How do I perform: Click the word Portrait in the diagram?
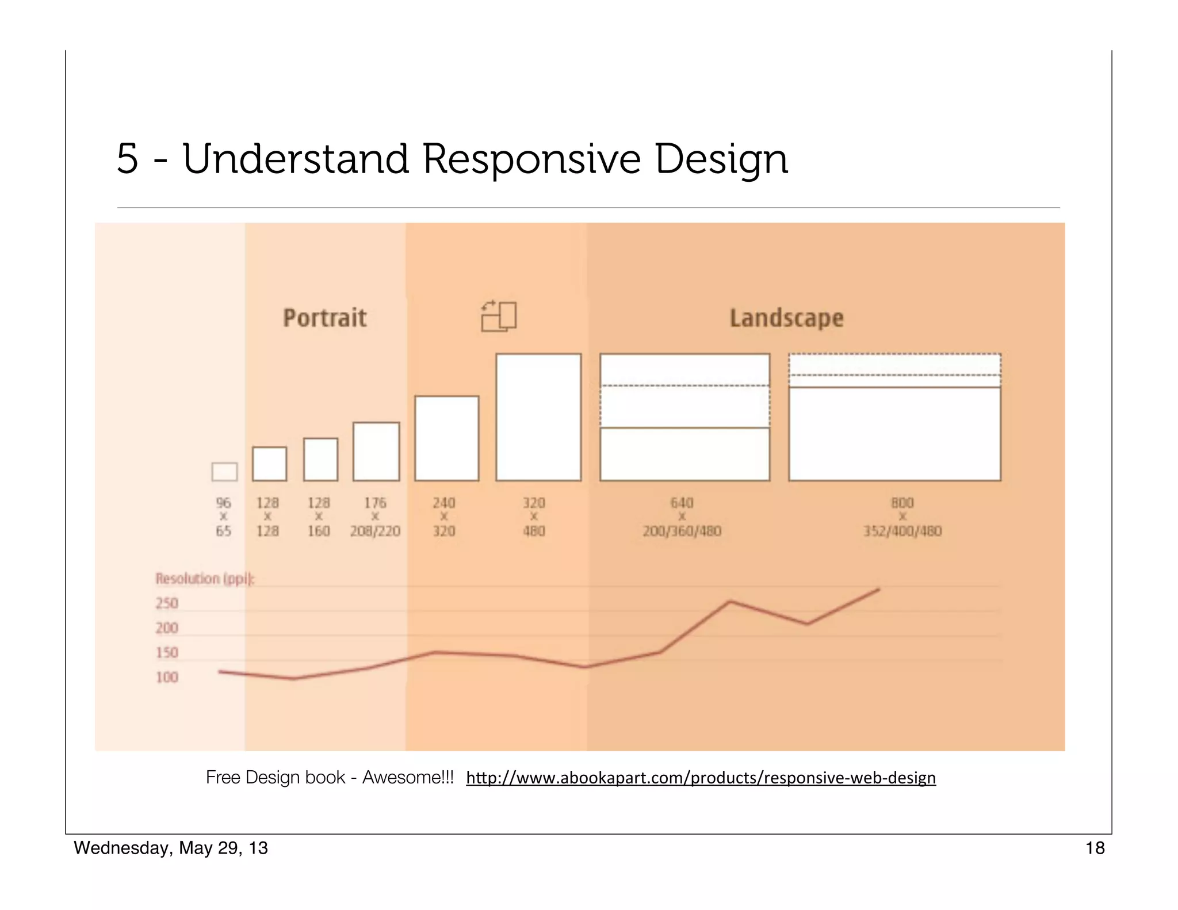[x=324, y=318]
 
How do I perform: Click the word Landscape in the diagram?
[x=786, y=318]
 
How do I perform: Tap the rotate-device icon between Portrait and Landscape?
[x=499, y=316]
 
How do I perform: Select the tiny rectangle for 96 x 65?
[x=224, y=472]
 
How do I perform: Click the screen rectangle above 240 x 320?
[x=446, y=438]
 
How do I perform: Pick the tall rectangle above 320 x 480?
[x=538, y=417]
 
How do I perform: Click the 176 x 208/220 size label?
[x=375, y=517]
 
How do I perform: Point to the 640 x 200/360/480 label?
[x=682, y=517]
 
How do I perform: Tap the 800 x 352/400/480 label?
[x=902, y=517]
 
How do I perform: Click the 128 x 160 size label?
[x=319, y=517]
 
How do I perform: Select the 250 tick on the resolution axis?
[x=167, y=603]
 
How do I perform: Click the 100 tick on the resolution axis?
[x=167, y=678]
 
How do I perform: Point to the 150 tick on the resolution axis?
[x=167, y=653]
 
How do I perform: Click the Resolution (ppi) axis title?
[x=204, y=579]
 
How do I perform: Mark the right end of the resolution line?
[x=879, y=589]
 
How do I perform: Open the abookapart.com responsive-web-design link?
[x=701, y=778]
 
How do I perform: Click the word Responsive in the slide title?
[x=531, y=159]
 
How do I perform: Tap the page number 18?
[x=1095, y=848]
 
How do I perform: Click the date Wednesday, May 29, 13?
[x=171, y=848]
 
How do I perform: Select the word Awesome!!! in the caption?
[x=408, y=778]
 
